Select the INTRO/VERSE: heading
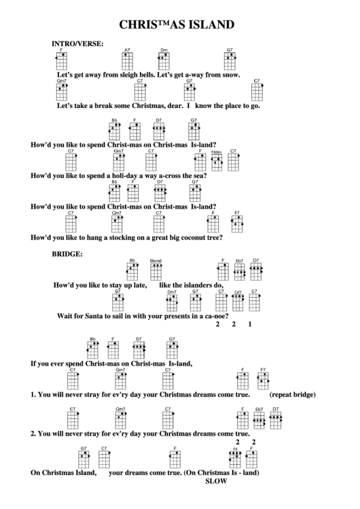point(77,43)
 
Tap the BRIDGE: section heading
point(67,254)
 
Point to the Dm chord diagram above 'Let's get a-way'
point(164,61)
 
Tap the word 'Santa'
point(94,316)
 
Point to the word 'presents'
point(173,316)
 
